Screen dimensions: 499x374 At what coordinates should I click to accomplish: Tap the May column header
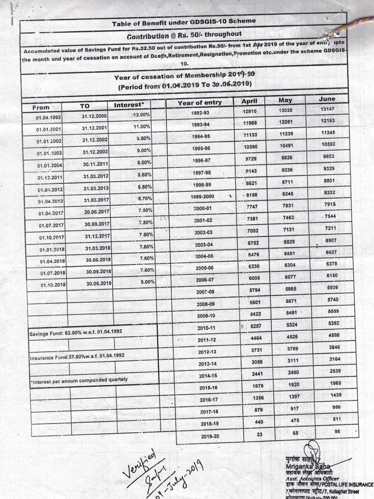point(285,100)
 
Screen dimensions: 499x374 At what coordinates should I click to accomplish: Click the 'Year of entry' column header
point(199,103)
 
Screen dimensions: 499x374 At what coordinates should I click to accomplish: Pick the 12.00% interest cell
point(141,115)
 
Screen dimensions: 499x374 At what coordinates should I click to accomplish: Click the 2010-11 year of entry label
point(206,328)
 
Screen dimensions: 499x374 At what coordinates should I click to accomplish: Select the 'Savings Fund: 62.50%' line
point(76,332)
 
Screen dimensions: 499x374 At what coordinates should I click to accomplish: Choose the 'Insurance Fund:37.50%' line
point(77,356)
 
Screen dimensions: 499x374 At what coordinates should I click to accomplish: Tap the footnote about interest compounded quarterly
point(79,380)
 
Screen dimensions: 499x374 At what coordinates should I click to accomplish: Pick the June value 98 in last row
point(337,431)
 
